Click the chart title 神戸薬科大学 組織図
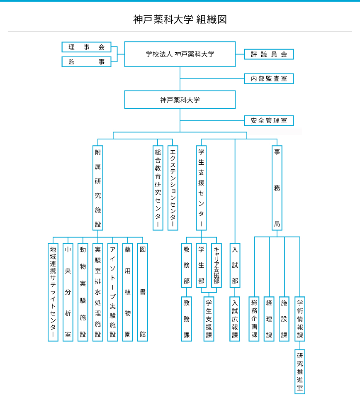tap(180, 20)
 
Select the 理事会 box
tap(86, 47)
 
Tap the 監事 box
tap(86, 62)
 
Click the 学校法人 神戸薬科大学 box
tap(180, 54)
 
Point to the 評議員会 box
tap(269, 54)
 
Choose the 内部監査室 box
tap(269, 78)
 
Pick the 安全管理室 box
tap(269, 121)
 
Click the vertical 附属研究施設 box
tap(98, 188)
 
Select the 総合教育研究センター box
tap(158, 188)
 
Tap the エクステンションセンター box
tap(173, 188)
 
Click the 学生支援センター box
tap(201, 188)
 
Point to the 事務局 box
tap(277, 188)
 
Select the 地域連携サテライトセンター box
tap(53, 292)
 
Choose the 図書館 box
tap(143, 292)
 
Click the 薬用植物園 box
tap(128, 292)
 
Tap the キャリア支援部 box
tap(216, 265)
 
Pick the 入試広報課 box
tap(235, 319)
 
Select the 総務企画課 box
tap(254, 319)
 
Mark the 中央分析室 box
tap(68, 292)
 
